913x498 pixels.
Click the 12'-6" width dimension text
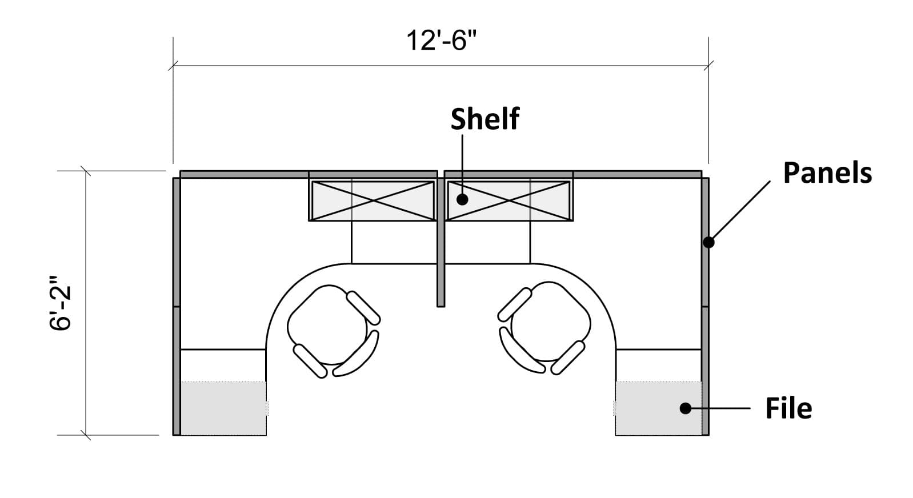(442, 41)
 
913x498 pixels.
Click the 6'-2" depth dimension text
(61, 303)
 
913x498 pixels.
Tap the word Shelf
(484, 119)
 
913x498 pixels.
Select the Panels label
(827, 173)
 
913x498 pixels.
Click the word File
(788, 408)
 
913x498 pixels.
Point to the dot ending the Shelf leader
(462, 200)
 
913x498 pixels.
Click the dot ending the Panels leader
(709, 243)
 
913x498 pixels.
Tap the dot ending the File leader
(686, 408)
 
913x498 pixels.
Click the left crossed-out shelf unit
(373, 201)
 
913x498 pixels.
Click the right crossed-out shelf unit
(508, 201)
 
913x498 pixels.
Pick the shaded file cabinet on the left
(223, 408)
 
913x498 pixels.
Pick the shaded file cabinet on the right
(659, 408)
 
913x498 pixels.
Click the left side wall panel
(177, 307)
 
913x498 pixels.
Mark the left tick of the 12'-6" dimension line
(173, 65)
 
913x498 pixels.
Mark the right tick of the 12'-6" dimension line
(709, 65)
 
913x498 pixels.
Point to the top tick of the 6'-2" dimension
(86, 171)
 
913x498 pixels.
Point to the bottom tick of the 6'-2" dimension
(86, 435)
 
